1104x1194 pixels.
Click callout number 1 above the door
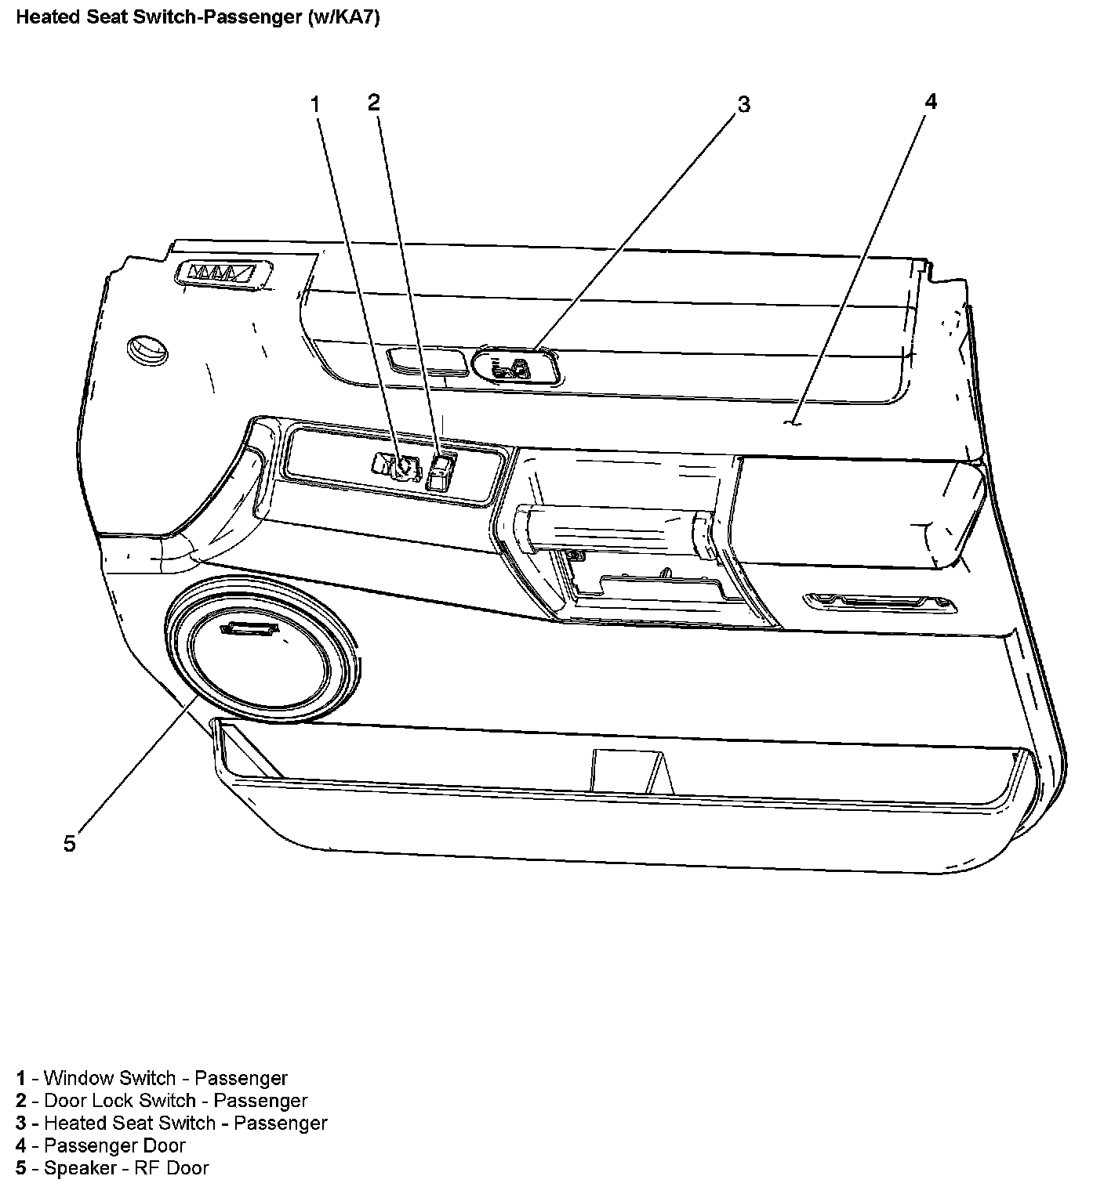click(x=316, y=104)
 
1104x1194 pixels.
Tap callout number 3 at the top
click(x=743, y=104)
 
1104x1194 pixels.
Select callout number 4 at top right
click(x=931, y=101)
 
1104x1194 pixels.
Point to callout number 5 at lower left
click(x=70, y=844)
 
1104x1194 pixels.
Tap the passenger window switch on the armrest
click(x=399, y=466)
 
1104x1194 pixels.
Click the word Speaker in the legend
click(x=80, y=1167)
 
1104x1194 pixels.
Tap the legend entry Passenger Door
click(x=114, y=1145)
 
